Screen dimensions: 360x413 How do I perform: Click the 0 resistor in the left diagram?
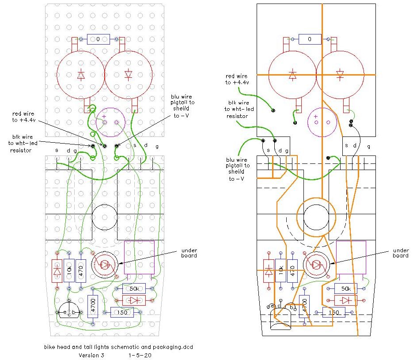(98, 39)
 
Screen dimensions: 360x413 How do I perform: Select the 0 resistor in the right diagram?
(310, 39)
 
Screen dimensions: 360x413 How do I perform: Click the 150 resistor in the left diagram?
(121, 312)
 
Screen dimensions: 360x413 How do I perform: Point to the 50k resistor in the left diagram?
(134, 289)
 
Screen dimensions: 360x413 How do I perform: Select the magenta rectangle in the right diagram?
(351, 258)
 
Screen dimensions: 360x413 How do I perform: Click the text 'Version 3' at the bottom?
(91, 355)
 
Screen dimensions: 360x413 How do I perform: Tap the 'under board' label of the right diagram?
(400, 253)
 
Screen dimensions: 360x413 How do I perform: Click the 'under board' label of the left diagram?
(189, 253)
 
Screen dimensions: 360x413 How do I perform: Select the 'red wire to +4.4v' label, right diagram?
(237, 79)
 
